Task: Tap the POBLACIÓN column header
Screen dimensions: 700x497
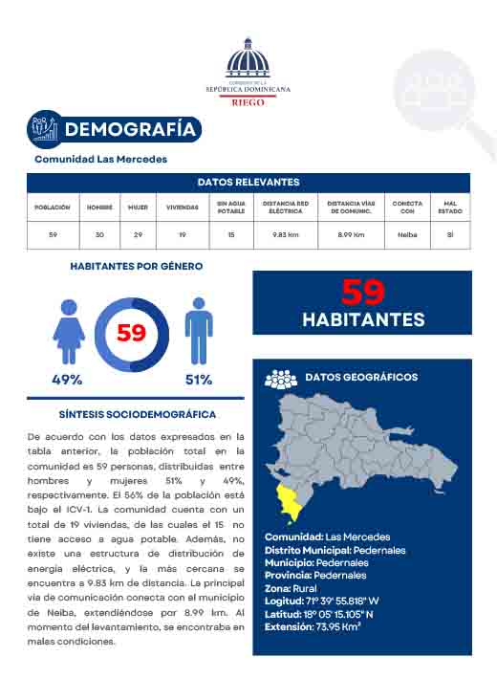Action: [53, 207]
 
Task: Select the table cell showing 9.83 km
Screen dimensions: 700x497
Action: [286, 234]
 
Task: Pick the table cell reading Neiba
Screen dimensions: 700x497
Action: [407, 234]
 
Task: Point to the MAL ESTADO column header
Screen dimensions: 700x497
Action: [450, 207]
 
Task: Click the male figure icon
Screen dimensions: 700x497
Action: [198, 330]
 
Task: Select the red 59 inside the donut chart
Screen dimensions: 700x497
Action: [131, 334]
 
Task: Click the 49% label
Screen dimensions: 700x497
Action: [67, 380]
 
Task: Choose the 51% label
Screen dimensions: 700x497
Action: [199, 380]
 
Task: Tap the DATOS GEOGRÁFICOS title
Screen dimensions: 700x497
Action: [360, 378]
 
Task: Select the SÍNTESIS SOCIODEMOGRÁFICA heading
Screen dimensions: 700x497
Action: [137, 415]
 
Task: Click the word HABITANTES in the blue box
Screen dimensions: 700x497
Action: [363, 319]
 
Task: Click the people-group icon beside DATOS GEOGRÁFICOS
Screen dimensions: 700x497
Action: [280, 379]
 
